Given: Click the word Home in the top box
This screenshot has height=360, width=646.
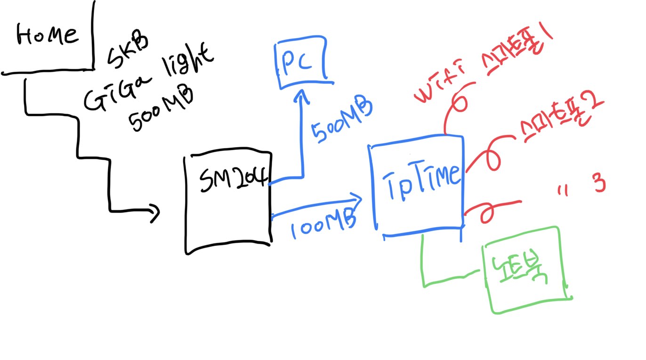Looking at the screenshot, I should (x=47, y=35).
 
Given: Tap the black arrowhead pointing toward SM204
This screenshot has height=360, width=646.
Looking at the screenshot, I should (x=155, y=213).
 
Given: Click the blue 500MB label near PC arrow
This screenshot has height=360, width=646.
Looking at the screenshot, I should (x=342, y=121).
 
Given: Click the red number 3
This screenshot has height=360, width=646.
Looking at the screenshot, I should (x=599, y=184).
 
